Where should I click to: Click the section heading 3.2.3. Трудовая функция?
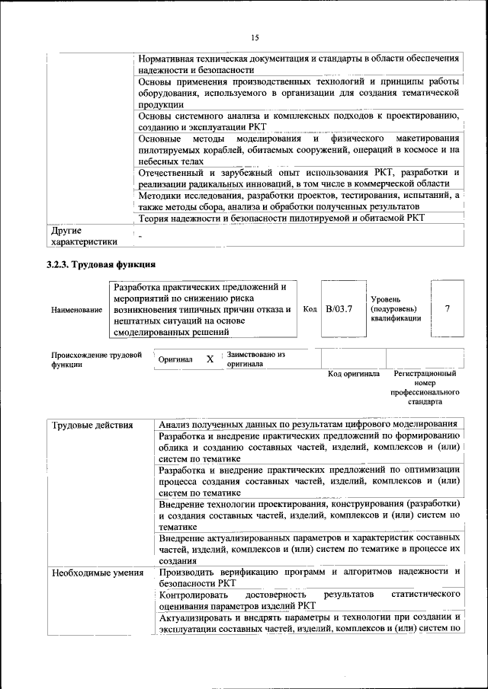point(101,265)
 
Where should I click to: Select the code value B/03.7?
point(339,309)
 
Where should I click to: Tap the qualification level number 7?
point(447,309)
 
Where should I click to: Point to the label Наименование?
point(76,310)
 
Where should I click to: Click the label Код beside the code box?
point(310,309)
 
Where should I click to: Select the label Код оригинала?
point(353,374)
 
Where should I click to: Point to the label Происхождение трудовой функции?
point(96,359)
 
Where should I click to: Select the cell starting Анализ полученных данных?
point(308,424)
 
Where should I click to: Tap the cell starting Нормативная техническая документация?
point(298,64)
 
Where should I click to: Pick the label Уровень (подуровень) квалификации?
point(395,309)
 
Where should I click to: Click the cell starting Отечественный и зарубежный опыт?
point(298,178)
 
